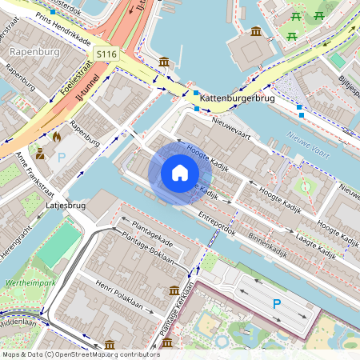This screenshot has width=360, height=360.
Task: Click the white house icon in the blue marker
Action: (x=180, y=173)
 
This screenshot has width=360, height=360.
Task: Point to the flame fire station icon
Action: (x=56, y=137)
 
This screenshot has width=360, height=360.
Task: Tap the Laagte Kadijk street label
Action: (x=314, y=244)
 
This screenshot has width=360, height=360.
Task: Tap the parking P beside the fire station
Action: (x=61, y=158)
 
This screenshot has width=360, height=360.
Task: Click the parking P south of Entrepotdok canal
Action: (x=277, y=303)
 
